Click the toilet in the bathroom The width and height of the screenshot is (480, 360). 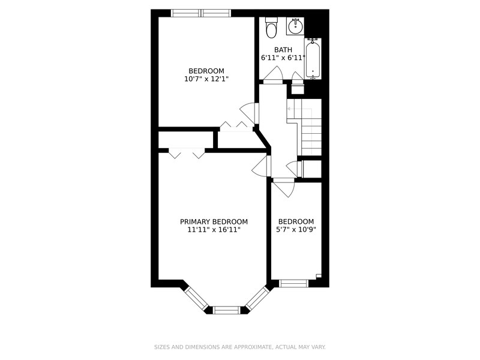pyautogui.click(x=271, y=28)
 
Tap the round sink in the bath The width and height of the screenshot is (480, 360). pyautogui.click(x=295, y=27)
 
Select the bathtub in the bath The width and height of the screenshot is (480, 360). pyautogui.click(x=313, y=59)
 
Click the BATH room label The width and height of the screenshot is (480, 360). pyautogui.click(x=283, y=50)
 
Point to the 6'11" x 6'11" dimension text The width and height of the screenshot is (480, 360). pyautogui.click(x=283, y=58)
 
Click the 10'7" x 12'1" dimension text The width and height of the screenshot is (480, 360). pyautogui.click(x=206, y=79)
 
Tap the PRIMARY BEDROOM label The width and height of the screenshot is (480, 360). pyautogui.click(x=214, y=221)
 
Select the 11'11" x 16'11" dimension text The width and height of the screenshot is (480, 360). pyautogui.click(x=214, y=230)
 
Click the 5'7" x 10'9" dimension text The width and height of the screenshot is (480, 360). pyautogui.click(x=296, y=230)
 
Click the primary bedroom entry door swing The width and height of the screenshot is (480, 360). pyautogui.click(x=261, y=166)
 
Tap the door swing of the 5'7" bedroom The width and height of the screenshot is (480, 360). pyautogui.click(x=284, y=187)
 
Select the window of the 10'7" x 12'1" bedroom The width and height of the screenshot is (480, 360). pyautogui.click(x=200, y=13)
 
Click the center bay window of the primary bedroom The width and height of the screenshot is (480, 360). pyautogui.click(x=227, y=310)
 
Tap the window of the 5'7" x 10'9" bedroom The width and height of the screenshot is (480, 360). pyautogui.click(x=293, y=283)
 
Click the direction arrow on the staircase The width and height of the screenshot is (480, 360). pyautogui.click(x=299, y=109)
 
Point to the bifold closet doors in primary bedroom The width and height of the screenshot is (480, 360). pyautogui.click(x=187, y=153)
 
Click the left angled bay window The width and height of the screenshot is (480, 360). pyautogui.click(x=197, y=298)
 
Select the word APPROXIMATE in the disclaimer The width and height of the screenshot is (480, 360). pyautogui.click(x=252, y=347)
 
